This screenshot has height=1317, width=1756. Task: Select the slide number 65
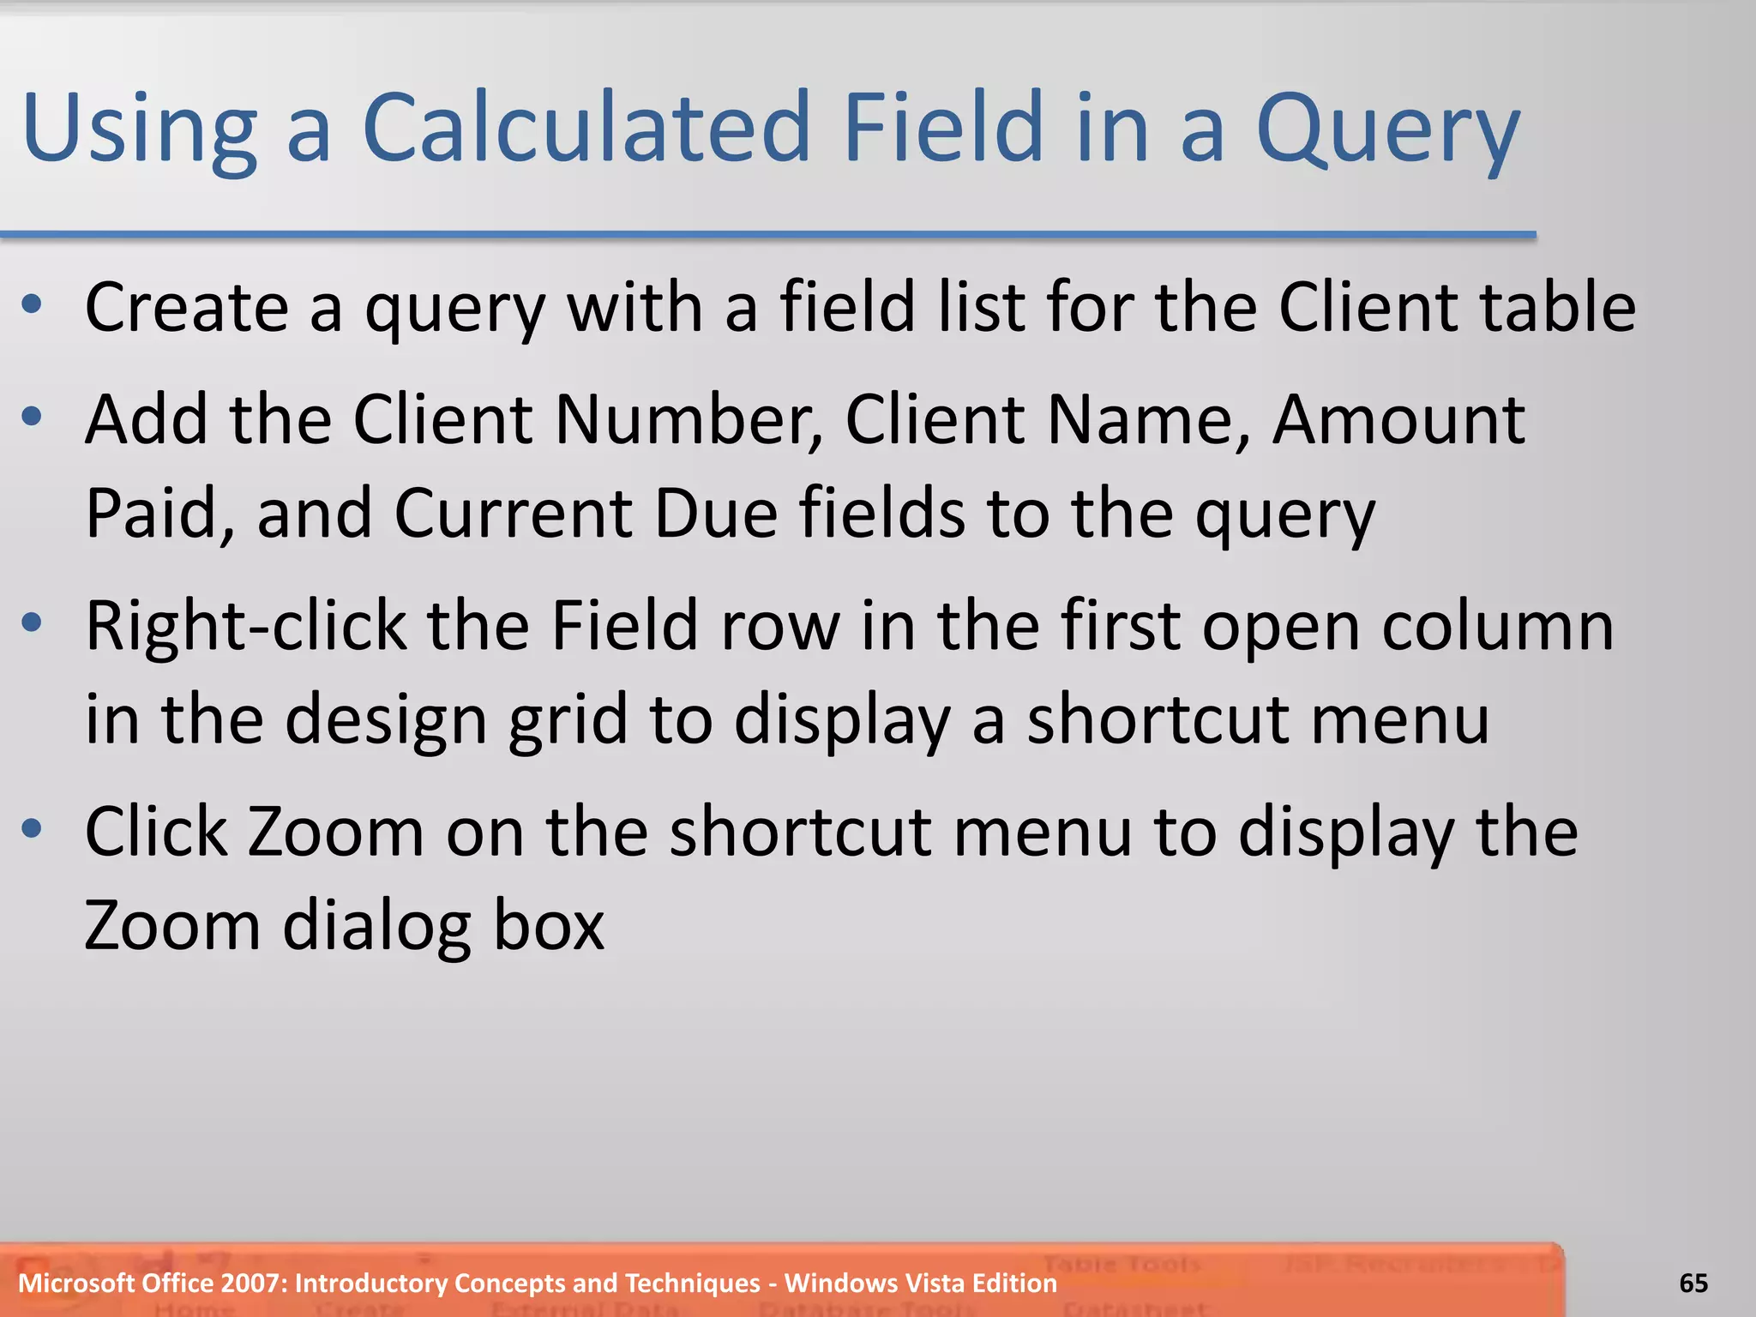1693,1283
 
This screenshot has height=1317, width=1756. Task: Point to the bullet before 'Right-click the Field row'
33,622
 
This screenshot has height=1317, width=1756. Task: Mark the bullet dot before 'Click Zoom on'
33,828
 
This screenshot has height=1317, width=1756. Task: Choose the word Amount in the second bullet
1398,419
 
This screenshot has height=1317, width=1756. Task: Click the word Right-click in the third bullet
246,626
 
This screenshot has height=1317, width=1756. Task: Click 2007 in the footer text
254,1283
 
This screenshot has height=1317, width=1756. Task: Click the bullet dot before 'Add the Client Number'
33,417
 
